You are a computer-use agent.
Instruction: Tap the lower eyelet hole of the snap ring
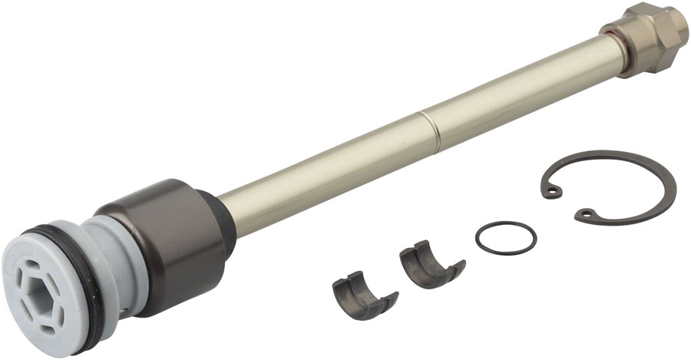586,213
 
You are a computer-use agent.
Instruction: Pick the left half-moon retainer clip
362,293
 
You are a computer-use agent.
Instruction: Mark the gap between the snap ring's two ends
569,203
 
